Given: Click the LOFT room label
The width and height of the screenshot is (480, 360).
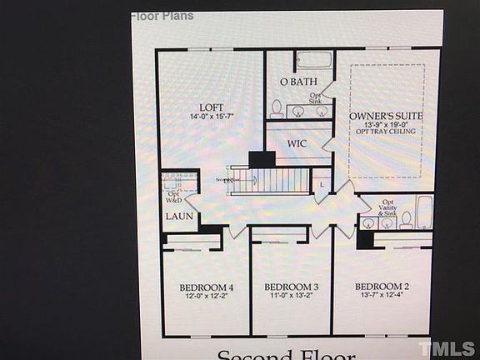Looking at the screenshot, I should click(212, 107).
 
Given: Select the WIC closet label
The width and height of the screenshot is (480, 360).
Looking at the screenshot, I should click(297, 143).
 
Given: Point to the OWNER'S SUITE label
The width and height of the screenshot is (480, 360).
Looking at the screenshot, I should click(386, 116).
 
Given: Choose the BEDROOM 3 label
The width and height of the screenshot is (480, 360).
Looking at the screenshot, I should click(291, 286).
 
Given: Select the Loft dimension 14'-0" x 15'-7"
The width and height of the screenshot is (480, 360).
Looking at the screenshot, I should click(212, 117).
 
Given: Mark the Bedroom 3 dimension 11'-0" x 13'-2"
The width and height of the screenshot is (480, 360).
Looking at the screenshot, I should click(291, 296).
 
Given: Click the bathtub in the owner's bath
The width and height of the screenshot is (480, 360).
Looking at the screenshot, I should click(313, 61).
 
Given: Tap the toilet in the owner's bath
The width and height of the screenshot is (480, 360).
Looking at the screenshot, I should click(276, 108).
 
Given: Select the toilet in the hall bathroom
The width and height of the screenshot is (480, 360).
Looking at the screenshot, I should click(407, 220).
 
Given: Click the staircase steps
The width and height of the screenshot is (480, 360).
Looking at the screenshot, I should click(282, 179).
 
